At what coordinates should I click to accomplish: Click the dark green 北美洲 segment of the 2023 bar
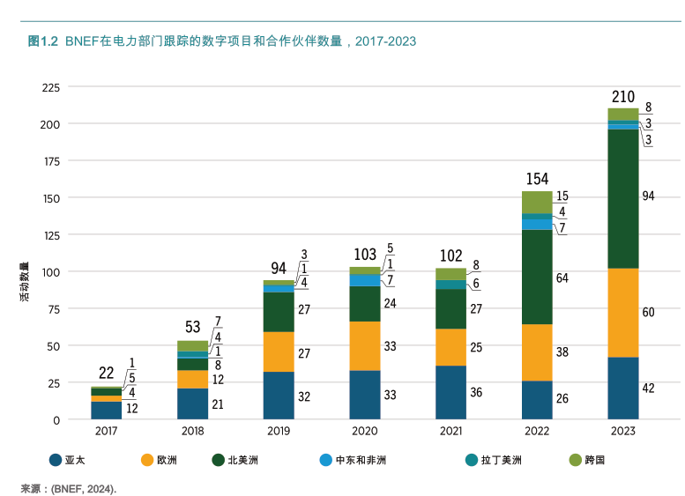click(622, 198)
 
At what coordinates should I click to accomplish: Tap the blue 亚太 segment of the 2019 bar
click(278, 396)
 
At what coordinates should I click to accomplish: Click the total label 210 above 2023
click(622, 96)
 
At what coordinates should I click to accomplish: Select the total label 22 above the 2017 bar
click(106, 374)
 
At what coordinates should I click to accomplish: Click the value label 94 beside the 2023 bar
click(649, 196)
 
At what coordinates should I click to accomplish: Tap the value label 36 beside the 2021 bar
click(476, 393)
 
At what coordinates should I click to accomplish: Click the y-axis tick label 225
click(50, 87)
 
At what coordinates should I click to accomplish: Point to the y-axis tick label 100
click(50, 272)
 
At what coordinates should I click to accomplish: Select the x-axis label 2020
click(364, 433)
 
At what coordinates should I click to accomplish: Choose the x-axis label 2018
click(192, 433)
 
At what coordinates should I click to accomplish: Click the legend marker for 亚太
click(56, 460)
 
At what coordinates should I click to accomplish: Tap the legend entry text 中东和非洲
click(361, 460)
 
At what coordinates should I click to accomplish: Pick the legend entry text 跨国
click(595, 460)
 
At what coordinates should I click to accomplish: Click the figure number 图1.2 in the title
click(42, 41)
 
